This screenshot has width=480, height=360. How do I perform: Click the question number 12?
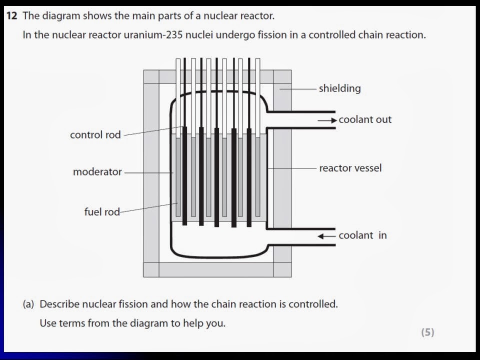tap(13, 16)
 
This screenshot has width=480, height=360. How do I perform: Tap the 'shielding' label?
tap(340, 89)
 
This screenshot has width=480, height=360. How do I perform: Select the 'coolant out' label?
tap(365, 120)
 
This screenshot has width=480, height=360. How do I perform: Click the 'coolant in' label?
tap(362, 236)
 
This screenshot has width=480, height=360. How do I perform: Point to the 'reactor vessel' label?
tap(350, 168)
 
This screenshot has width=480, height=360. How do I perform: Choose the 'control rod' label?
tap(95, 135)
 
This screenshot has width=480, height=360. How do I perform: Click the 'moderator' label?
tap(97, 172)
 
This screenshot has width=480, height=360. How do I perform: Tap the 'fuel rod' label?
tap(102, 212)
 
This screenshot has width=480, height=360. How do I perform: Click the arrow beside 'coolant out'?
tap(327, 120)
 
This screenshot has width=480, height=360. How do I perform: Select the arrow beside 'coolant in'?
tap(327, 236)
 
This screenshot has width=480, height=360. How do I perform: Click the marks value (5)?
tap(427, 332)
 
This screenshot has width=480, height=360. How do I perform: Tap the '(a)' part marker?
tap(29, 304)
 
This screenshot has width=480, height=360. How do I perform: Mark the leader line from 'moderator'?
tap(148, 173)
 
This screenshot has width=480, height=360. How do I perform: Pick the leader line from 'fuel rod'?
tap(149, 207)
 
